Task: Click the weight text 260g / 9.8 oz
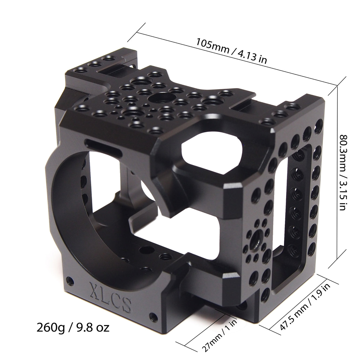[x=73, y=327]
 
